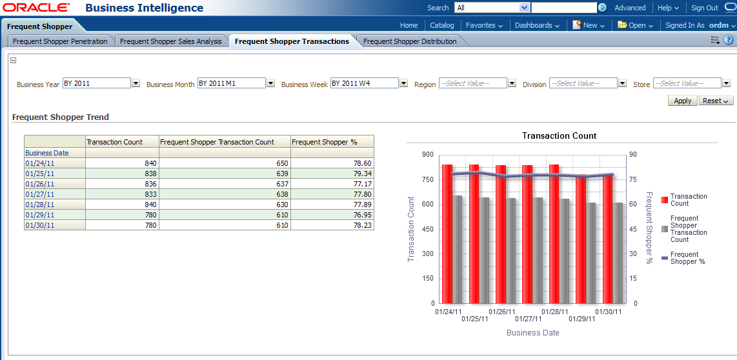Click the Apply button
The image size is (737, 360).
coord(682,101)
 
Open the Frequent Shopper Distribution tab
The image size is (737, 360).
coord(410,41)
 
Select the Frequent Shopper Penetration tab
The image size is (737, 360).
coord(60,41)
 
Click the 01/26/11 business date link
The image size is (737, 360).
coord(40,184)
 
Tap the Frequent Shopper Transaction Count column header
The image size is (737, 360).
coord(217,142)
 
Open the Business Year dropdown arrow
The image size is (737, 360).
coord(136,83)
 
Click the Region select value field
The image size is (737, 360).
coord(472,83)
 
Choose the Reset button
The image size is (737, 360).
coord(716,101)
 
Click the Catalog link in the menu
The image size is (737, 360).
coord(442,25)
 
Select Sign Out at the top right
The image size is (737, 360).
coord(704,8)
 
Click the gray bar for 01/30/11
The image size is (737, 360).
coord(618,252)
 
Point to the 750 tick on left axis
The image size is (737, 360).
coord(427,179)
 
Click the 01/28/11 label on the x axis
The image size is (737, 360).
coord(554,312)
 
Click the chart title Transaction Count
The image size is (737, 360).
coord(559,136)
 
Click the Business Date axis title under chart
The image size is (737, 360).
coord(532,333)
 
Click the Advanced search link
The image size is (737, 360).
coord(630,8)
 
